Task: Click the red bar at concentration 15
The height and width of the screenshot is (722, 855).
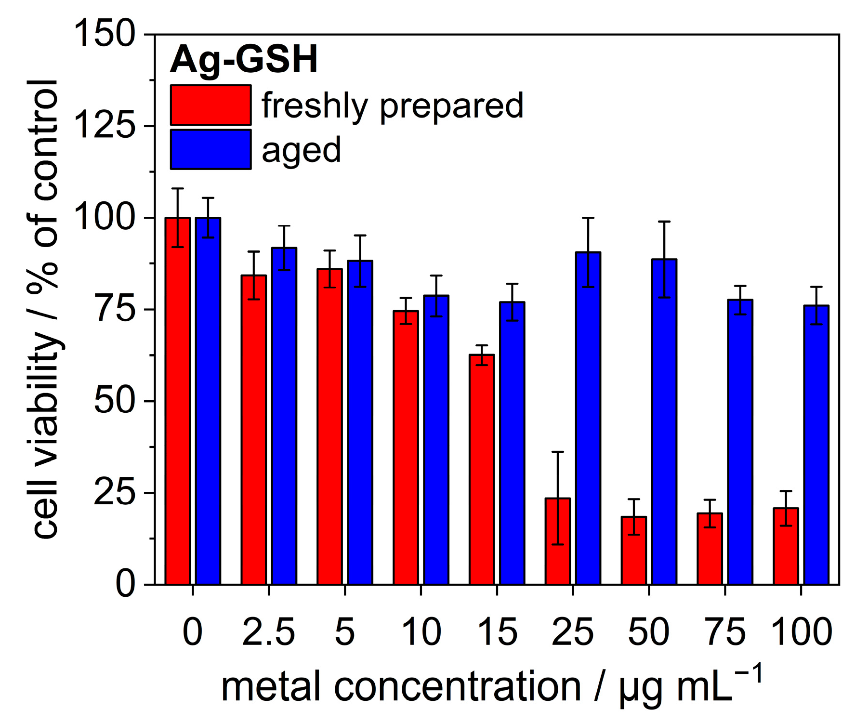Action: coord(482,470)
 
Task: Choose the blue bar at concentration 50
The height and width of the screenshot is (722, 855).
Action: coord(664,421)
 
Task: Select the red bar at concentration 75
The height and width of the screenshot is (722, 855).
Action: coord(710,549)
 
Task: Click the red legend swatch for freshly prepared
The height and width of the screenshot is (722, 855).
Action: coord(210,105)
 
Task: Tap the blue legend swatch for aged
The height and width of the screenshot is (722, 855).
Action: coord(210,149)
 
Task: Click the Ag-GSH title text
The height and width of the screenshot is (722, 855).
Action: coord(244,60)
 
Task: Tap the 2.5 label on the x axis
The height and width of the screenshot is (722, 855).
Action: coord(268,632)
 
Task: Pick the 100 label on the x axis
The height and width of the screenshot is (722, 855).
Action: coord(801,632)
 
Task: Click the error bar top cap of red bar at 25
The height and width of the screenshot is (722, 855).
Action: coord(557,452)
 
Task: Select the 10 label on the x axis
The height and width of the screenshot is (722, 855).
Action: coord(421,632)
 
